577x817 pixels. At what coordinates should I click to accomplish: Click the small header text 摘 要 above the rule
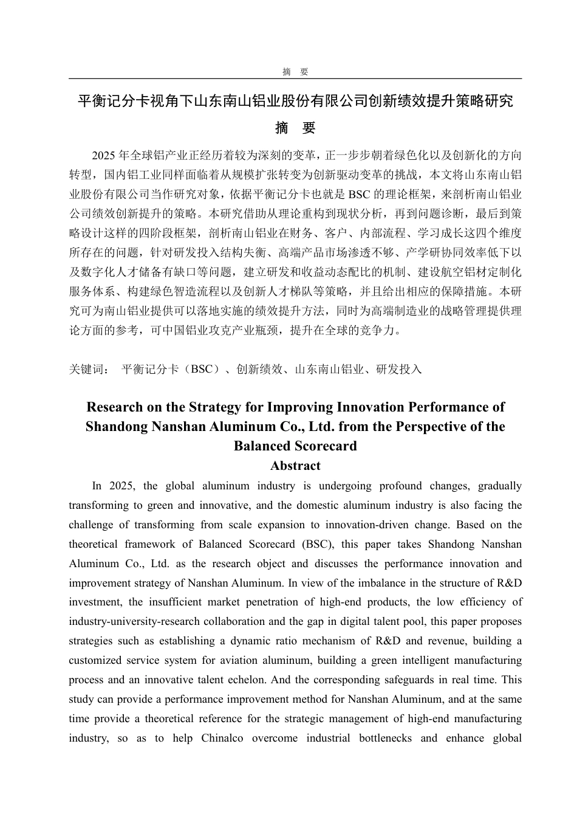click(x=295, y=72)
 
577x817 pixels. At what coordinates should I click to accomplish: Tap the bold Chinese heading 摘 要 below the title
click(x=295, y=128)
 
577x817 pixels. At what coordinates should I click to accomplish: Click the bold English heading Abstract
click(x=295, y=466)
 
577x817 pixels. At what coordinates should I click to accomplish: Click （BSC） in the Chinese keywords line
click(x=201, y=369)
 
